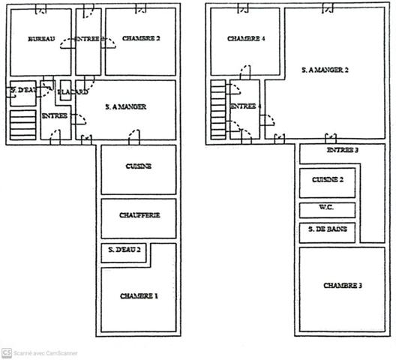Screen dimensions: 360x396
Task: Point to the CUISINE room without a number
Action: [x=139, y=166]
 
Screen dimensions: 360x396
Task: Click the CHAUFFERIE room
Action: [x=139, y=215]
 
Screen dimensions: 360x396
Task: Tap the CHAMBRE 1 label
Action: [x=139, y=296]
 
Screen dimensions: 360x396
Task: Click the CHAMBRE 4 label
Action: [x=247, y=38]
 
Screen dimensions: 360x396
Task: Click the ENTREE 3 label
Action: [x=342, y=150]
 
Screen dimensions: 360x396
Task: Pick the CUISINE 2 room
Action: [x=328, y=181]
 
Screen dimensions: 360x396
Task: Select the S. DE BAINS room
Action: [x=328, y=231]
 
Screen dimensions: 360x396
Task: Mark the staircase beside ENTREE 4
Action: [x=217, y=109]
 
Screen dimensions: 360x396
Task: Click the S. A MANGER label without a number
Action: [x=125, y=107]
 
